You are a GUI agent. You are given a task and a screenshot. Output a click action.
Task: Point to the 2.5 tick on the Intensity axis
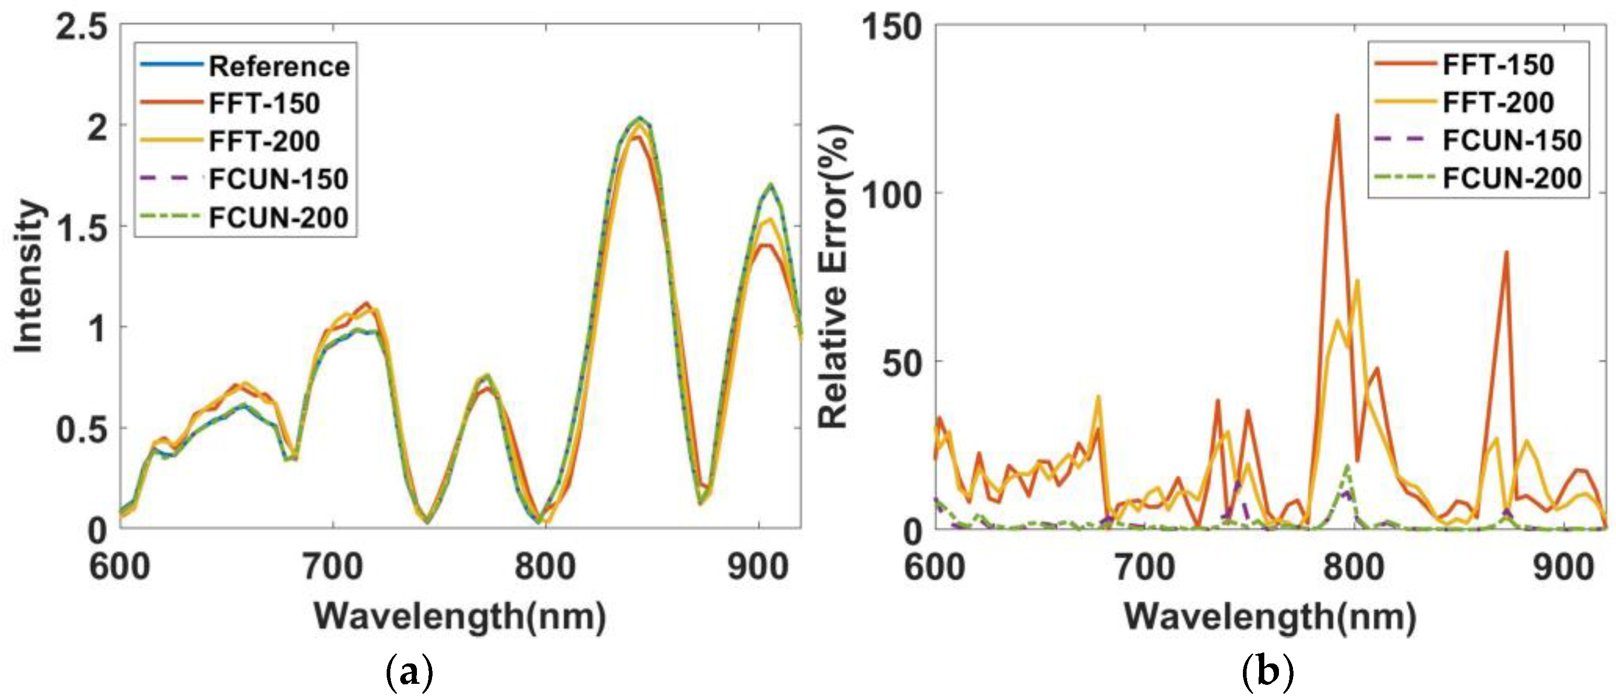81,28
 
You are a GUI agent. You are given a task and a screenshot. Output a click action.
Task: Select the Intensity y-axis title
29,276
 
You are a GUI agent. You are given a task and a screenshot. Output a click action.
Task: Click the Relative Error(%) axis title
834,276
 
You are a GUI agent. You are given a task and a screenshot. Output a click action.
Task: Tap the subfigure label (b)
1268,673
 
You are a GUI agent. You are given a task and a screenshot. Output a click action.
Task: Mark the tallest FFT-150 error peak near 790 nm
1337,115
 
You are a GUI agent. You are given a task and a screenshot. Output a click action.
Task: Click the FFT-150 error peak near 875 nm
1505,252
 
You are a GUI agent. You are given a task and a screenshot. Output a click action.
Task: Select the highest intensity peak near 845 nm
640,118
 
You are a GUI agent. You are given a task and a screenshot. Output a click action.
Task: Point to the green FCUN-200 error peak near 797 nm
1346,467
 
